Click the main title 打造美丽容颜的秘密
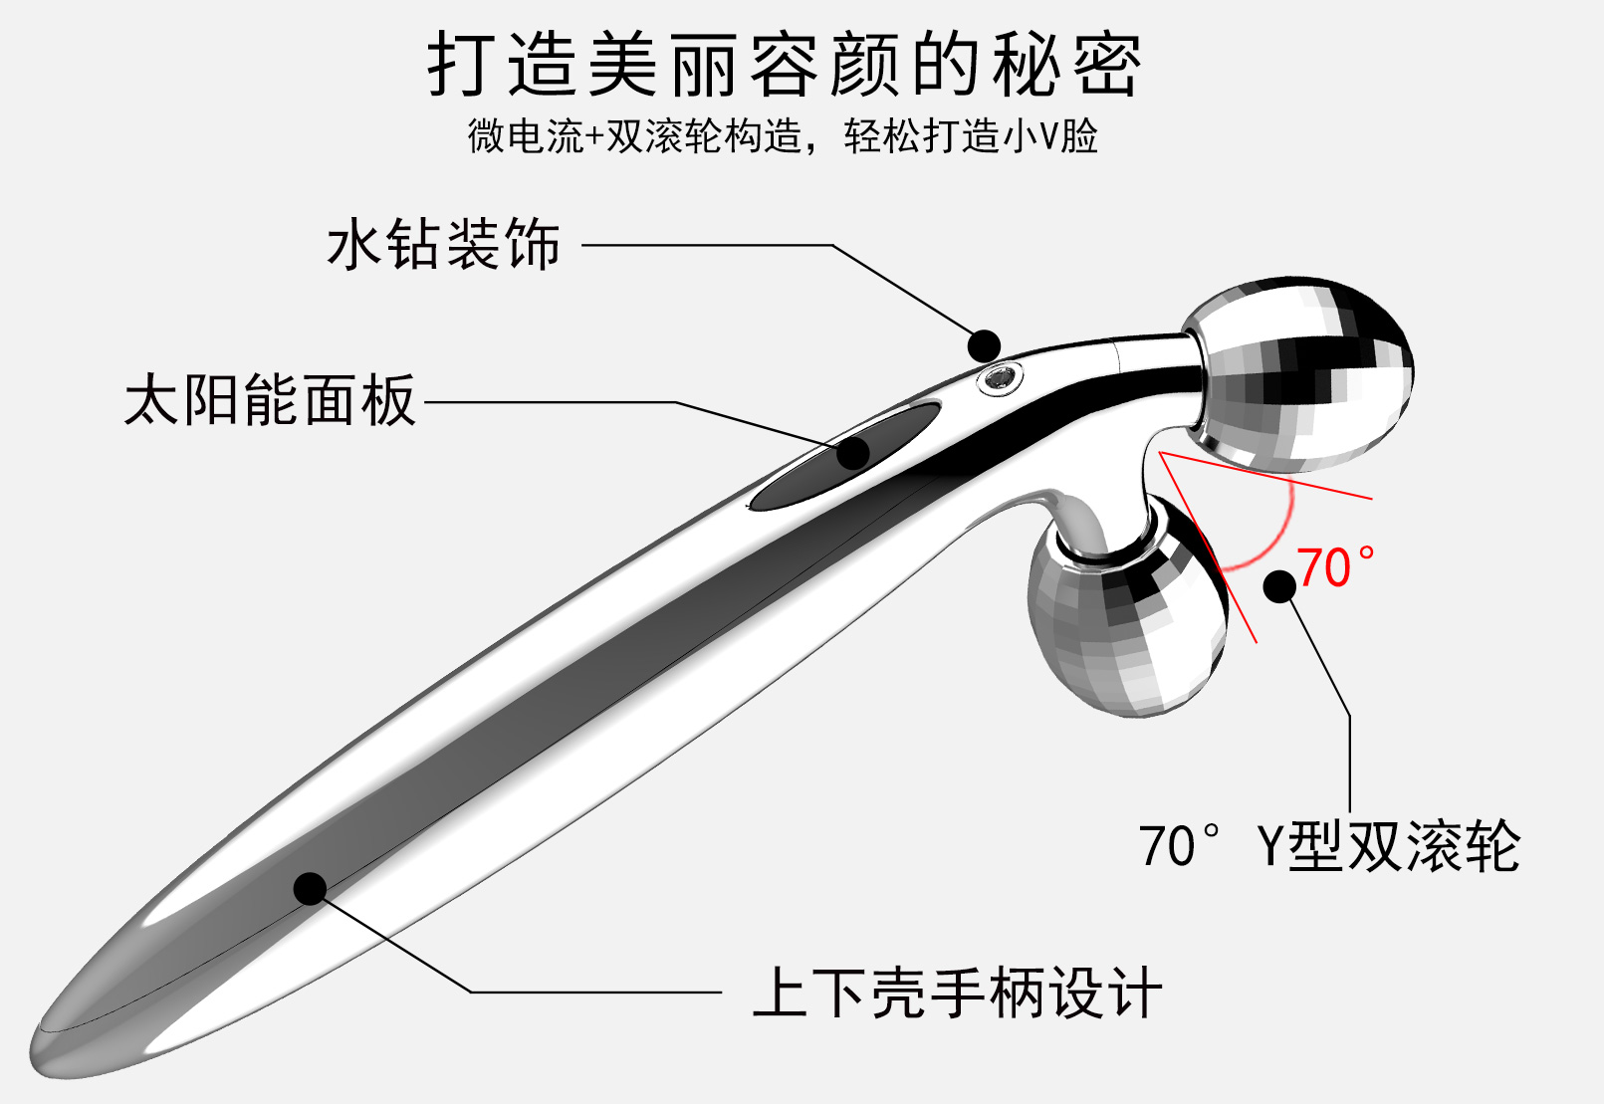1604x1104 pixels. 784,66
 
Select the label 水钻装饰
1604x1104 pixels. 444,244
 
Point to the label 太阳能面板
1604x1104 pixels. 269,400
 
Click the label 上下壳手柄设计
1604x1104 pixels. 957,993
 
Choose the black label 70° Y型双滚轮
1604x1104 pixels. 1329,846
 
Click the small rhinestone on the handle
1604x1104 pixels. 999,377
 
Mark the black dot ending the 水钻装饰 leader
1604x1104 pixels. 984,345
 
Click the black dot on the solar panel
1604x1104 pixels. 853,454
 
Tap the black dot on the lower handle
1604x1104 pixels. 310,888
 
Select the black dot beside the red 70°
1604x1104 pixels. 1279,585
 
